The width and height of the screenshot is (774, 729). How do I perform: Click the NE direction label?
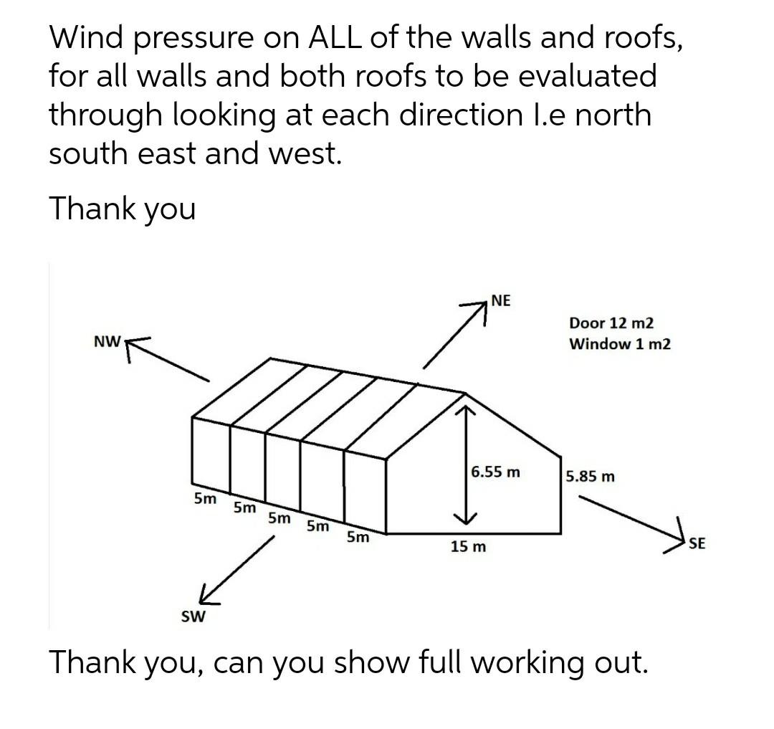(501, 300)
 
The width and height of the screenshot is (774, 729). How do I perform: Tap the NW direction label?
(106, 342)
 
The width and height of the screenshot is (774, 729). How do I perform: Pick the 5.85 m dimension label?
(590, 476)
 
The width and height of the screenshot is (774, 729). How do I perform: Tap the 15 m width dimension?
(468, 547)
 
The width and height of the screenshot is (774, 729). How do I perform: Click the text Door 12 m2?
(611, 323)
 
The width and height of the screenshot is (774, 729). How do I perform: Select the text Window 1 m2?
(620, 344)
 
